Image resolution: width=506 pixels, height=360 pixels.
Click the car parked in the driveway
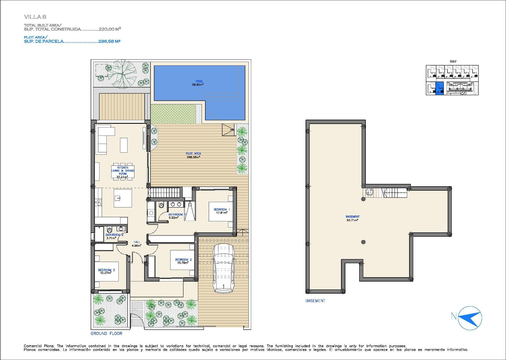click(223, 268)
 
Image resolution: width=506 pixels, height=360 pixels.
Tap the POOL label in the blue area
click(199, 81)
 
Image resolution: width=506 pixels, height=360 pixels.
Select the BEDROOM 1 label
click(221, 210)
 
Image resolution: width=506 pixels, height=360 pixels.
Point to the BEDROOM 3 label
click(106, 270)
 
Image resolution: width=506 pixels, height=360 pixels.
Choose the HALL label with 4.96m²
click(137, 242)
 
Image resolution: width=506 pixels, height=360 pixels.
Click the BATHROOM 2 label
click(114, 235)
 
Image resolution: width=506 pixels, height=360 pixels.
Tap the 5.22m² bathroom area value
click(173, 218)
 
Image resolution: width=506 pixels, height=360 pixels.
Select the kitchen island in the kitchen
click(123, 198)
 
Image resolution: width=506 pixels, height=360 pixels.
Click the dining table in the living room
click(123, 171)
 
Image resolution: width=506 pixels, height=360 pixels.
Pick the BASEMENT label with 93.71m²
click(352, 217)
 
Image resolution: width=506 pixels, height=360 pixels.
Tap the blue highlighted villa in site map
click(439, 88)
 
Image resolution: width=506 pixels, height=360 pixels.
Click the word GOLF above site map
click(453, 61)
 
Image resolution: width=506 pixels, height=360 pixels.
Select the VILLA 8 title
click(35, 17)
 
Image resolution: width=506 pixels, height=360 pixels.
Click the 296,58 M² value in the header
click(109, 41)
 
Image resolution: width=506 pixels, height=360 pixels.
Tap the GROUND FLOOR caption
click(106, 333)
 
